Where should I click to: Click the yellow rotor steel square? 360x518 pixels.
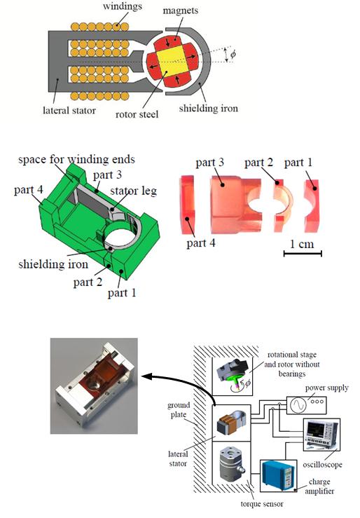click(170, 62)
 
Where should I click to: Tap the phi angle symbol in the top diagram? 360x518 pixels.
click(234, 54)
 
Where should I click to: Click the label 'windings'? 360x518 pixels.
click(123, 6)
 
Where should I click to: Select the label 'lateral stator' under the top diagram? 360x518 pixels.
click(69, 110)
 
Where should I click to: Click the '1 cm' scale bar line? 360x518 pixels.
click(303, 254)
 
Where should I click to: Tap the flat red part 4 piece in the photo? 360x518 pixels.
click(187, 205)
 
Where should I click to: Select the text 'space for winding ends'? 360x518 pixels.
click(76, 160)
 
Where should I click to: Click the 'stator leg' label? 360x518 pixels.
click(134, 191)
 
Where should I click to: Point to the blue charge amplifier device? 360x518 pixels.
click(278, 476)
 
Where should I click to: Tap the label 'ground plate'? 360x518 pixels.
click(179, 410)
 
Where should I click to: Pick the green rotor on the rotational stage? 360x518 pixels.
click(236, 379)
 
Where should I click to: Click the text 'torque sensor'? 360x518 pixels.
click(262, 504)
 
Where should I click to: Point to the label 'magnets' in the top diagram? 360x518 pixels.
click(181, 11)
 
